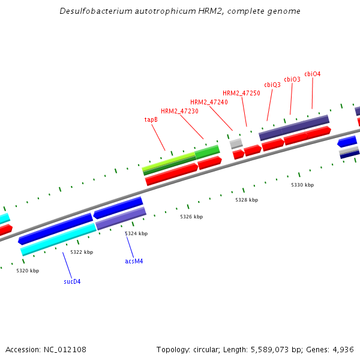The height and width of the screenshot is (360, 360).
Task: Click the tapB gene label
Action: pyautogui.click(x=151, y=119)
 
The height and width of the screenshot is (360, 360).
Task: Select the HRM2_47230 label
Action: pyautogui.click(x=179, y=111)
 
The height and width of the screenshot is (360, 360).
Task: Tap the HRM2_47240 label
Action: pyautogui.click(x=209, y=102)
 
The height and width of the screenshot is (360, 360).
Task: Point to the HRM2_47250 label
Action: pyautogui.click(x=241, y=93)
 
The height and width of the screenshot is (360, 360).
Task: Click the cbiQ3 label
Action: pyautogui.click(x=272, y=85)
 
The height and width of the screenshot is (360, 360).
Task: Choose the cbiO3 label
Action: pyautogui.click(x=292, y=79)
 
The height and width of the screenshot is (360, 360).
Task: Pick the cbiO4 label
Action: pyautogui.click(x=313, y=74)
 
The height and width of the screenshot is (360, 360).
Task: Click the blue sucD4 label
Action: pyautogui.click(x=72, y=281)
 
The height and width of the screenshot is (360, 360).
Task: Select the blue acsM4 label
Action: pyautogui.click(x=134, y=261)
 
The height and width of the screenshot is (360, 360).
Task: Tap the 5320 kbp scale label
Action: pyautogui.click(x=28, y=271)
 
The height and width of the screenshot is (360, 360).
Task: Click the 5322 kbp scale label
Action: pyautogui.click(x=82, y=252)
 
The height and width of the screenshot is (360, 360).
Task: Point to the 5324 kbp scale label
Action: pyautogui.click(x=136, y=233)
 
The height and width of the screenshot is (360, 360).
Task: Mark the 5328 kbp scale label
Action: pyautogui.click(x=247, y=200)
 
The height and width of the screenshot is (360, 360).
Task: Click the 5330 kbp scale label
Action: pyautogui.click(x=302, y=185)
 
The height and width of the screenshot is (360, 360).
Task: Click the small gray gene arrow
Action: pyautogui.click(x=236, y=143)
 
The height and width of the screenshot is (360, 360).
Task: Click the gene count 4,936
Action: pyautogui.click(x=344, y=349)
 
